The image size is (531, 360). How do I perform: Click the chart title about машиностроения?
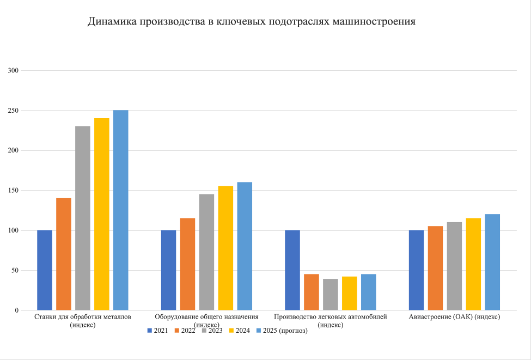tap(252, 22)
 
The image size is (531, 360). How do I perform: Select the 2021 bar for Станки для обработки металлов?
tap(45, 270)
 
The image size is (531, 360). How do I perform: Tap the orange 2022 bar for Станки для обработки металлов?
tap(64, 254)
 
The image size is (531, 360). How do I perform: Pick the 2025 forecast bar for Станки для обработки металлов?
tap(120, 210)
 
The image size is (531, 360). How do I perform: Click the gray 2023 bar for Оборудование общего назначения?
tap(206, 252)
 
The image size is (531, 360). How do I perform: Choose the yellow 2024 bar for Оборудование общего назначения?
tap(225, 248)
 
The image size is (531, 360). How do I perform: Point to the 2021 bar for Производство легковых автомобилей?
tap(292, 270)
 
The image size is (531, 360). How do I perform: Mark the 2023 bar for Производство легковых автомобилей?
tap(331, 295)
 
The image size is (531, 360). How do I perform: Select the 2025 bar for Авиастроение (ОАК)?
tap(492, 262)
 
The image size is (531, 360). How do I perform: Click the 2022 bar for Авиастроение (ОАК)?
tap(435, 268)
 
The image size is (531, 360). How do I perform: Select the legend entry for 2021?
tap(157, 331)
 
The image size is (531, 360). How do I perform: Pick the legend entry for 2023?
tap(211, 331)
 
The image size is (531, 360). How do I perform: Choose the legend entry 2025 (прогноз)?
tap(282, 331)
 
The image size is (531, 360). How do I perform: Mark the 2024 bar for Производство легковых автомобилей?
tap(350, 294)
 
